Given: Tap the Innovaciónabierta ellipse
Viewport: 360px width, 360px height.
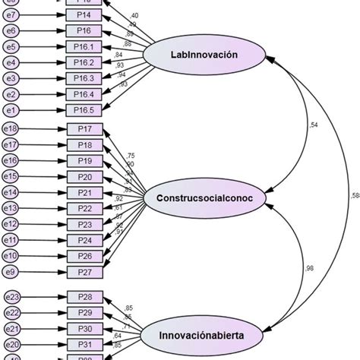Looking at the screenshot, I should pyautogui.click(x=204, y=332).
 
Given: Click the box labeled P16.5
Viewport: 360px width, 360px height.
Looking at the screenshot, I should pyautogui.click(x=84, y=109).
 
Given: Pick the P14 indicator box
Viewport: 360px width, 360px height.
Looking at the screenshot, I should pyautogui.click(x=84, y=15).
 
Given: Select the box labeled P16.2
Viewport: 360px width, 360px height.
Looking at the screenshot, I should pyautogui.click(x=84, y=62).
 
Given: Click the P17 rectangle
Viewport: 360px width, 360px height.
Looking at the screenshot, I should pyautogui.click(x=84, y=130).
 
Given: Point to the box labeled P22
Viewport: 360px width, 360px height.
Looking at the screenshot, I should pyautogui.click(x=84, y=208).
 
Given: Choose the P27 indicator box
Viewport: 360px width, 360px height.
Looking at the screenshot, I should pyautogui.click(x=84, y=271).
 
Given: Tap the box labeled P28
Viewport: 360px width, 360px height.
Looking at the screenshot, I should pyautogui.click(x=84, y=298).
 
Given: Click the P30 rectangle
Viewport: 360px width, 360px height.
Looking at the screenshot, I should pyautogui.click(x=84, y=329).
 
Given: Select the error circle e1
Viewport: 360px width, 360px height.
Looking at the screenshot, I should pyautogui.click(x=11, y=109).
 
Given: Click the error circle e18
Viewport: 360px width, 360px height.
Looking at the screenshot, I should pyautogui.click(x=11, y=130).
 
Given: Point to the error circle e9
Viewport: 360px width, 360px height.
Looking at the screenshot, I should pyautogui.click(x=11, y=271).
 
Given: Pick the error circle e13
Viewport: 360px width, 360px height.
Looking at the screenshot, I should pyautogui.click(x=11, y=208).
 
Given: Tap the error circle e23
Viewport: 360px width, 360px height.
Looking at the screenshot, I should pyautogui.click(x=11, y=298).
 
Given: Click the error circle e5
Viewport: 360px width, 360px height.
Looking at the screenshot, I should pyautogui.click(x=11, y=47).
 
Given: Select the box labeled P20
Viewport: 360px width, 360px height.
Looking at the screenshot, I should pyautogui.click(x=84, y=177).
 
